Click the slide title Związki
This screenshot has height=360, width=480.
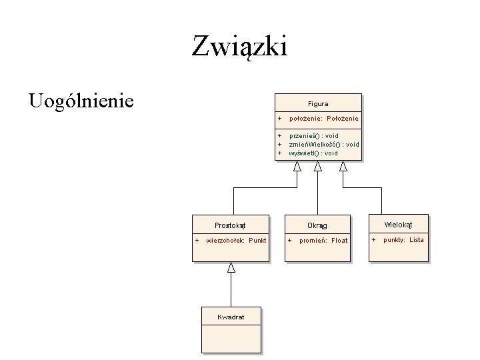(x=239, y=46)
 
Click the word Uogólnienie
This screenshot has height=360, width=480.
(x=81, y=101)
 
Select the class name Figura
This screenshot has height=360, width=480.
(x=317, y=104)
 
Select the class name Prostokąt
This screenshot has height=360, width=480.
(x=231, y=225)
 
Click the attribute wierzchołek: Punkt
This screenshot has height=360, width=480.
(x=236, y=240)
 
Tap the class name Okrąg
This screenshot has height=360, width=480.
(x=317, y=225)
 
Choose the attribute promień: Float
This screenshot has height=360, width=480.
(x=323, y=241)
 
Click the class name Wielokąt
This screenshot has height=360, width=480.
(x=399, y=225)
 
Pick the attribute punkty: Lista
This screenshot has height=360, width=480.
(x=403, y=240)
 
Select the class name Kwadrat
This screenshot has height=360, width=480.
(x=231, y=317)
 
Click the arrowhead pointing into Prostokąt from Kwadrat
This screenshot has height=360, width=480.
(x=231, y=267)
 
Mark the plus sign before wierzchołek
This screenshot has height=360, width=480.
(x=197, y=240)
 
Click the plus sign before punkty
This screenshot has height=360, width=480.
(x=373, y=240)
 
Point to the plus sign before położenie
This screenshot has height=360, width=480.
(x=280, y=119)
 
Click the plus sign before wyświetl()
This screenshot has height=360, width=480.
(x=280, y=153)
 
